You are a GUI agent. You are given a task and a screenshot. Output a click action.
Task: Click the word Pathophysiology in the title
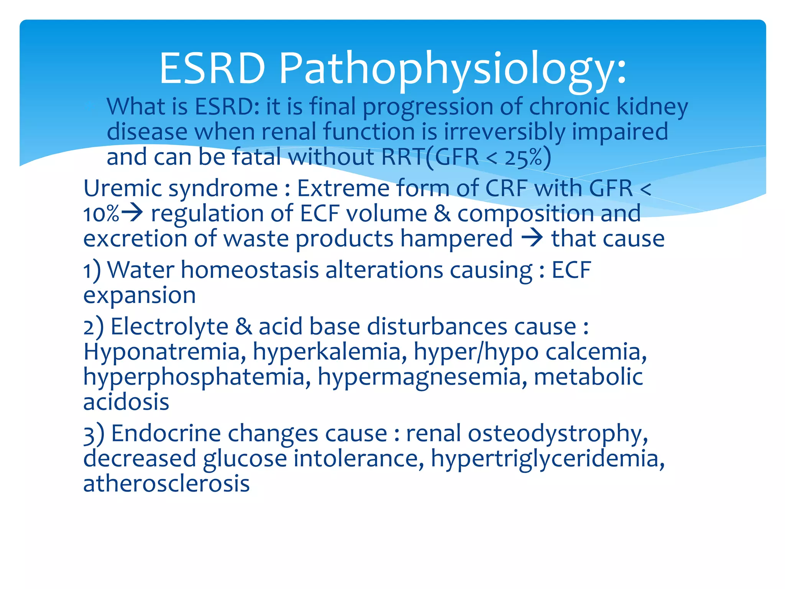point(452,69)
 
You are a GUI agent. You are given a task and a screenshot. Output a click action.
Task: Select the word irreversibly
point(504,132)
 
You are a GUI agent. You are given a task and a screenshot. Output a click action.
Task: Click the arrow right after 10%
point(131,213)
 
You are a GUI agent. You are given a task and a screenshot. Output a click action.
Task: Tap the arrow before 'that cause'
point(532,238)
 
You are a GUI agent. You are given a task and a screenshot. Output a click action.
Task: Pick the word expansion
point(140,296)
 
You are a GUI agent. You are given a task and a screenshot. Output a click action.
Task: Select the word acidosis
point(126,402)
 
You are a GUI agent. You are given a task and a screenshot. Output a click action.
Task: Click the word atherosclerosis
point(166,484)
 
